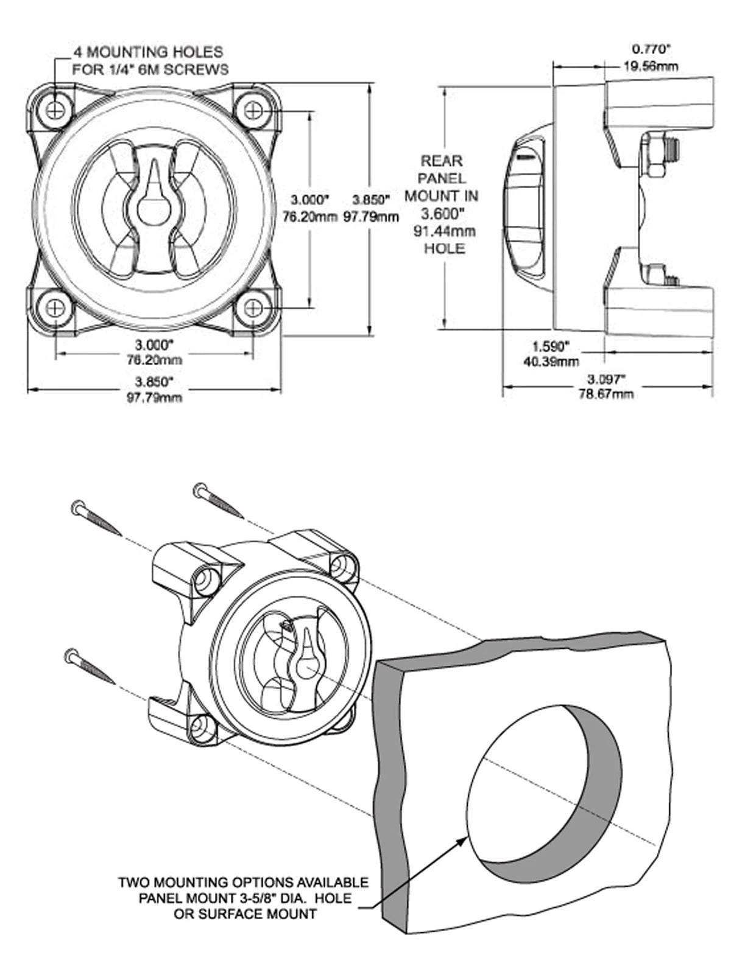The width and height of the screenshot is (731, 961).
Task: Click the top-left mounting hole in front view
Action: (x=56, y=110)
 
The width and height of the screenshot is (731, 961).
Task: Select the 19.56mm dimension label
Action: (x=650, y=66)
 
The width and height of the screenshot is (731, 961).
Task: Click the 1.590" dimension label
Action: (x=550, y=347)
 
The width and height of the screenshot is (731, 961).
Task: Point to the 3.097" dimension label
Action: (x=606, y=379)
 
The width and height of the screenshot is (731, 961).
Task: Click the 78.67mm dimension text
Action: (x=606, y=394)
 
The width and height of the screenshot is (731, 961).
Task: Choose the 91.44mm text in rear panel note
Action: (x=445, y=231)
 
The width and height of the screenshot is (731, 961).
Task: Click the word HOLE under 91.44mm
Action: (x=445, y=249)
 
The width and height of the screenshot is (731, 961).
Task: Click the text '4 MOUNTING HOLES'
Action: (x=148, y=52)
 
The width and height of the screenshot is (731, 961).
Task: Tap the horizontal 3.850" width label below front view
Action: (x=154, y=382)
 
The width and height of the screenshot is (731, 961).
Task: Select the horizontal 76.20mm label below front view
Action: (x=154, y=360)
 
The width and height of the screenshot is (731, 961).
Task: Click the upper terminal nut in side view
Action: (x=655, y=156)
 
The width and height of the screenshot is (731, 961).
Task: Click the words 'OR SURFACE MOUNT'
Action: (x=245, y=914)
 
